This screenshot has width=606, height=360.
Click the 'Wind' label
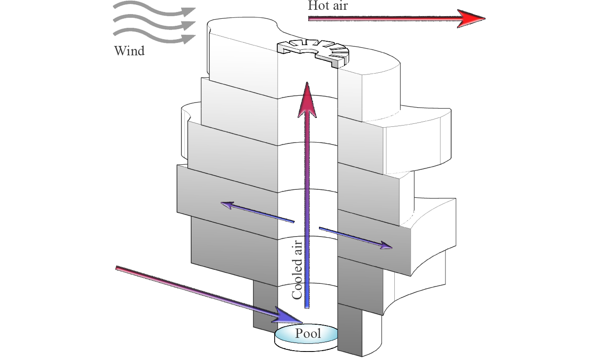(x=129, y=51)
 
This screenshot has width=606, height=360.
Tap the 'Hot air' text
(x=327, y=6)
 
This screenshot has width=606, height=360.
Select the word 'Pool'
(x=308, y=333)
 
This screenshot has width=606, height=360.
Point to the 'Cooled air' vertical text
(x=297, y=270)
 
